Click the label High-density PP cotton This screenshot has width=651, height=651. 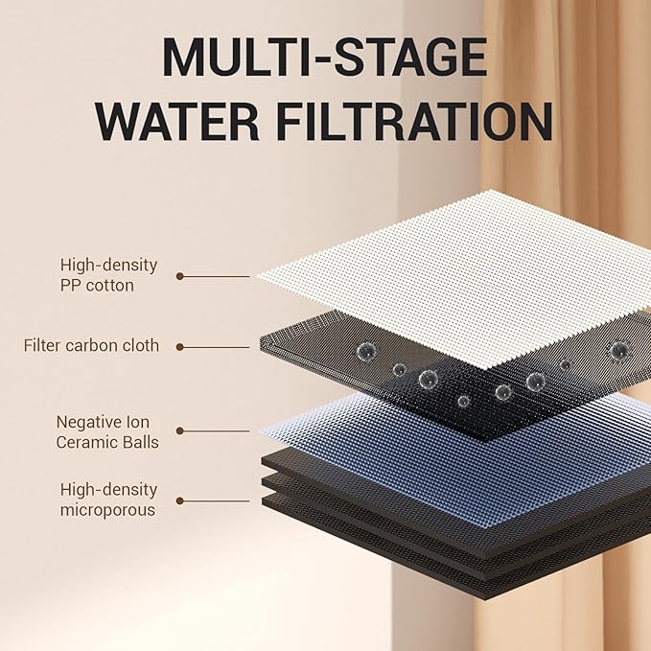(108, 275)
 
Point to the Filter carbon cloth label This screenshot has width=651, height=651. (91, 345)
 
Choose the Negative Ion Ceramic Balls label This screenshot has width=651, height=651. (107, 432)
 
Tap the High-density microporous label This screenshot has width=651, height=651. (108, 500)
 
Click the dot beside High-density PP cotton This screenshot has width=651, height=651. (180, 276)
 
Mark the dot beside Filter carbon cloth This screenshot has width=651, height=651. (180, 347)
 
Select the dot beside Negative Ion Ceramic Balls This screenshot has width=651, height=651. (180, 430)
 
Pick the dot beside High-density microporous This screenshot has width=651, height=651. (180, 501)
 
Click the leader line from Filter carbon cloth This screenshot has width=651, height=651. (215, 347)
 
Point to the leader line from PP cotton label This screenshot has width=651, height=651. (215, 276)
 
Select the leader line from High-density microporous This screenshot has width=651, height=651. (215, 501)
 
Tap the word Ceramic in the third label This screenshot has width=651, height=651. (85, 443)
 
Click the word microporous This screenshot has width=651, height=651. (107, 510)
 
